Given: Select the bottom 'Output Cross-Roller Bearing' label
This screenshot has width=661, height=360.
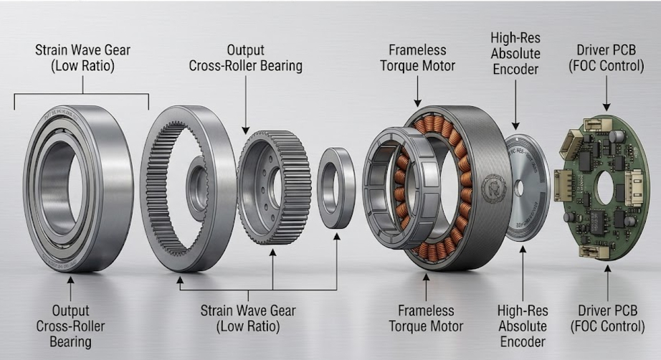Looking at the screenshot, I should (70, 326).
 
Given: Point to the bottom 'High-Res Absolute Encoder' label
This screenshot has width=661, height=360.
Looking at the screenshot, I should (522, 326).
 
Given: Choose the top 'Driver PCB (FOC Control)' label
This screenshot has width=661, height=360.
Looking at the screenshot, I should (608, 59).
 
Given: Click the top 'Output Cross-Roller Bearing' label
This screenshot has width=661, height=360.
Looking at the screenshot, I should (245, 59).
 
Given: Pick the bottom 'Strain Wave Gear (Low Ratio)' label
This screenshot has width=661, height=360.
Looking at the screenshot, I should (248, 318).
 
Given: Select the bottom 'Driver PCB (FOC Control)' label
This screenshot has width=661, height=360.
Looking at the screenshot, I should (608, 318).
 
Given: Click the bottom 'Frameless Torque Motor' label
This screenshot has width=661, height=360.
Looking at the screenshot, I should (427, 318).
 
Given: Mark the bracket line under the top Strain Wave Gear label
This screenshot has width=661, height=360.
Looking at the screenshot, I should (82, 94).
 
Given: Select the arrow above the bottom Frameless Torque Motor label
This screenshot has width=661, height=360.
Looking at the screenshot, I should (426, 285).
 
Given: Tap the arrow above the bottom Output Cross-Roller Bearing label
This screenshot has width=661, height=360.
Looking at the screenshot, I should (70, 289).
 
